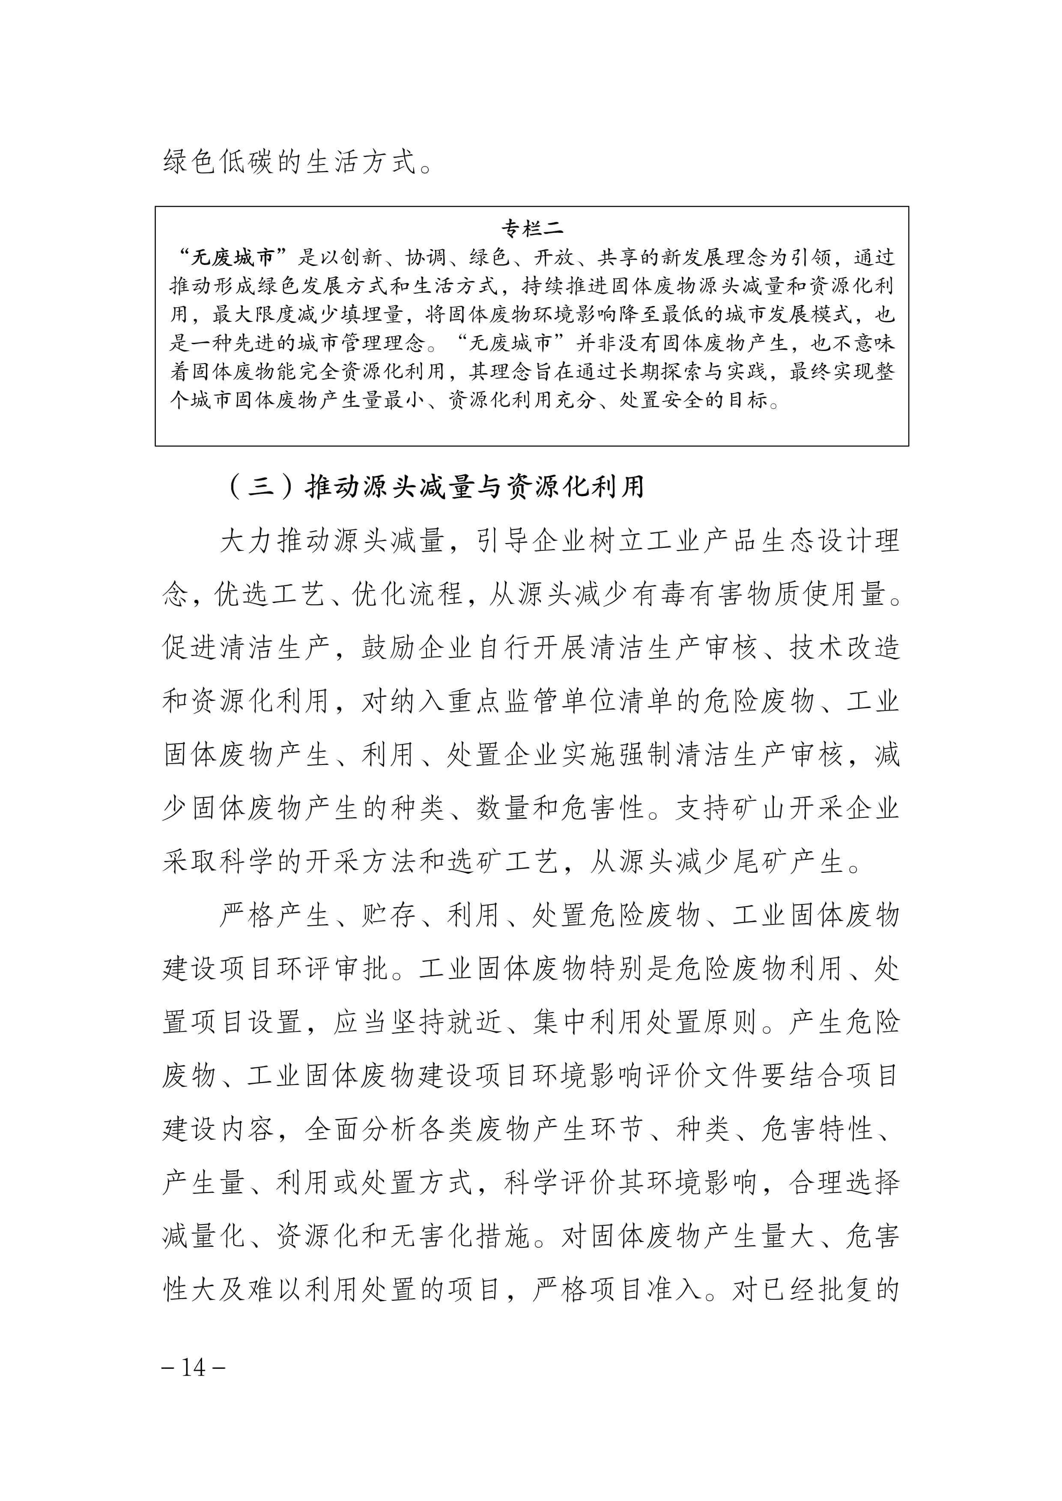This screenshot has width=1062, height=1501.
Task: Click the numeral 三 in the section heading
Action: coord(261,486)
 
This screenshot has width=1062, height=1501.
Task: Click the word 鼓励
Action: coord(389,648)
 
